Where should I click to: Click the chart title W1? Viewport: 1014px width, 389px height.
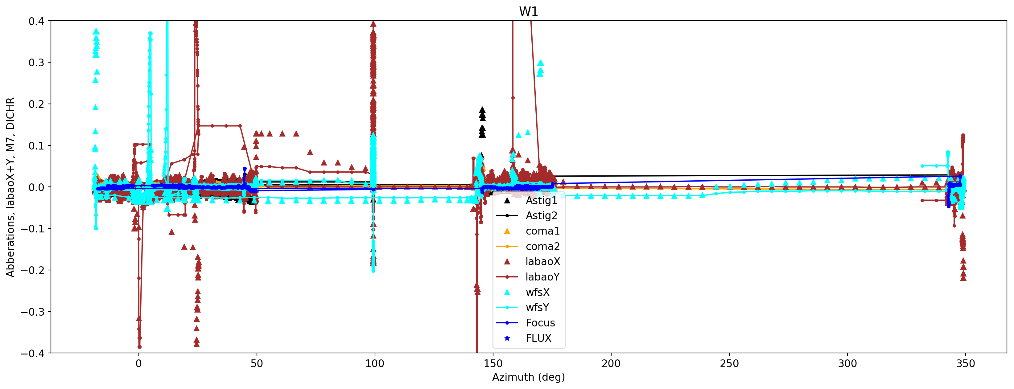point(528,11)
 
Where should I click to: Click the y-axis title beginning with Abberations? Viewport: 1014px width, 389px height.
point(10,187)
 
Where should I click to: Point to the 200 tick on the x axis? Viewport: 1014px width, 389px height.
point(611,363)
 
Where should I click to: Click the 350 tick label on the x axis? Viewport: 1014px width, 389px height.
point(965,363)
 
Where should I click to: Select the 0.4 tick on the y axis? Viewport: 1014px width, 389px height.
point(36,21)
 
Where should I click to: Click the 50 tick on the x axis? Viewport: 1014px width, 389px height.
point(257,363)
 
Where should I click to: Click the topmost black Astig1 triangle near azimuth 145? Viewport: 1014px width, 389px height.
point(482,110)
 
